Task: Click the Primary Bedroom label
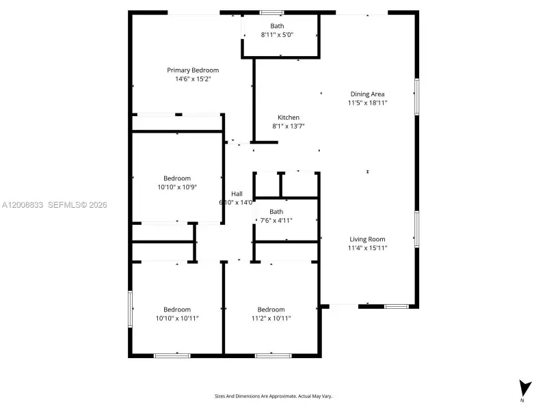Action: coord(193,70)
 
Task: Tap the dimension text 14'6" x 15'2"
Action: coord(193,79)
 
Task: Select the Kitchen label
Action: coord(289,118)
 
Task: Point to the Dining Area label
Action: coord(367,94)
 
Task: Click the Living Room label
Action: coord(367,239)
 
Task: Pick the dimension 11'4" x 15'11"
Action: coord(368,248)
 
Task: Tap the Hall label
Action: coord(237,193)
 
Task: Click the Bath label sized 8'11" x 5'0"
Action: coord(277,26)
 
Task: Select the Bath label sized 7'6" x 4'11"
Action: coord(276,211)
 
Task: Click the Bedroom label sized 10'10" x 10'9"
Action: coord(177,178)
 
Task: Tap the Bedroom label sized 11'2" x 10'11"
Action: coord(271,310)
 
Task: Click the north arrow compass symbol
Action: coord(524,387)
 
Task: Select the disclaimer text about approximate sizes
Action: coord(273,396)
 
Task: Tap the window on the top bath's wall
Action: coord(271,12)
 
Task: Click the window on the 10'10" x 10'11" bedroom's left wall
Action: coord(130,310)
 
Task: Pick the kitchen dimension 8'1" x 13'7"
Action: coord(289,126)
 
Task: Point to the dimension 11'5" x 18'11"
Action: coord(367,103)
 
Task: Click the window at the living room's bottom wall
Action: coord(396,306)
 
